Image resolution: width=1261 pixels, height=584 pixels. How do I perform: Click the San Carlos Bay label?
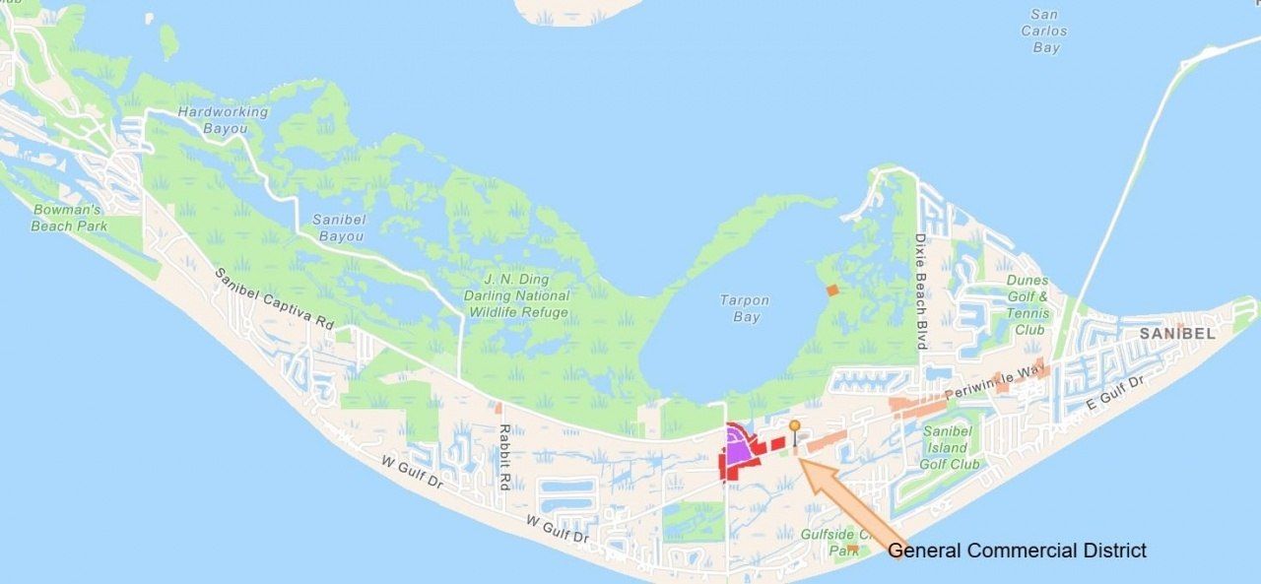[x=1045, y=32]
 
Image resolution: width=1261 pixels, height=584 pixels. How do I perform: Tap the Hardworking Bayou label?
[x=223, y=120]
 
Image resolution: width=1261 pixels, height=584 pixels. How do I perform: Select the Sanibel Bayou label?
[x=339, y=227]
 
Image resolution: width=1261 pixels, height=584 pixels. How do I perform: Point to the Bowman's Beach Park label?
[x=68, y=218]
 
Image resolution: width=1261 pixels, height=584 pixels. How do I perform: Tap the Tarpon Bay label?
[x=745, y=308]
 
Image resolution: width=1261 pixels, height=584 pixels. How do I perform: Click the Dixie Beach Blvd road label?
[x=921, y=292]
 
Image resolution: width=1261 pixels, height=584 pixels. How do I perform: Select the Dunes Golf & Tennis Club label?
[x=1028, y=305]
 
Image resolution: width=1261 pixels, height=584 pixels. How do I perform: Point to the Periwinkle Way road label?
[x=993, y=380]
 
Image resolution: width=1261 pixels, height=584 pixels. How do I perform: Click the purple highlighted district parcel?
[x=737, y=448]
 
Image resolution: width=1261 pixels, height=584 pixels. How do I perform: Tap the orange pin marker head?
[x=794, y=425]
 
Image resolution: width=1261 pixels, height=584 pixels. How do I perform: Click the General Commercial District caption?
[x=1017, y=551]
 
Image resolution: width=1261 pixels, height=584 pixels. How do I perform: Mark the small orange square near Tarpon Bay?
[x=832, y=291]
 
